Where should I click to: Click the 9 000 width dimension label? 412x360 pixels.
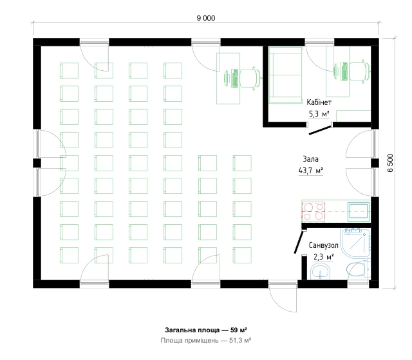coord(206,18)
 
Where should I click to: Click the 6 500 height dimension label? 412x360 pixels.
coord(391,163)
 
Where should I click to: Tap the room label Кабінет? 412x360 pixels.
coord(319,102)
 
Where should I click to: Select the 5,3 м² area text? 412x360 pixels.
coord(319,114)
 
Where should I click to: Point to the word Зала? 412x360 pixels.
coord(310,158)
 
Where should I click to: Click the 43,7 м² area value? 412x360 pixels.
coord(310,171)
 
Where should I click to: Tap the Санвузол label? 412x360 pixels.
coord(323,245)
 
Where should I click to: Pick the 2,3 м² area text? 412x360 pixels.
coord(323,256)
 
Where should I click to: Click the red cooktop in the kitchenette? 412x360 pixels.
coord(314,211)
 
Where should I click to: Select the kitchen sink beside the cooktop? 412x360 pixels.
coord(359,211)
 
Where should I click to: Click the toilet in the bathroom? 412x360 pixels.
coord(358,269)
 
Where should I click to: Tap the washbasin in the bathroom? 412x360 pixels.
coord(321,272)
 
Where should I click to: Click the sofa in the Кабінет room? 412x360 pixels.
coord(286,75)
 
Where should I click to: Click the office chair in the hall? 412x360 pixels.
coord(251,78)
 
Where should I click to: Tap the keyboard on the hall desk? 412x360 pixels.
coord(234,79)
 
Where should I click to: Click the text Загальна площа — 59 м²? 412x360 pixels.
coord(206,330)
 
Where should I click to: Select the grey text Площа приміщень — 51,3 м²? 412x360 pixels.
coord(206,341)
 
